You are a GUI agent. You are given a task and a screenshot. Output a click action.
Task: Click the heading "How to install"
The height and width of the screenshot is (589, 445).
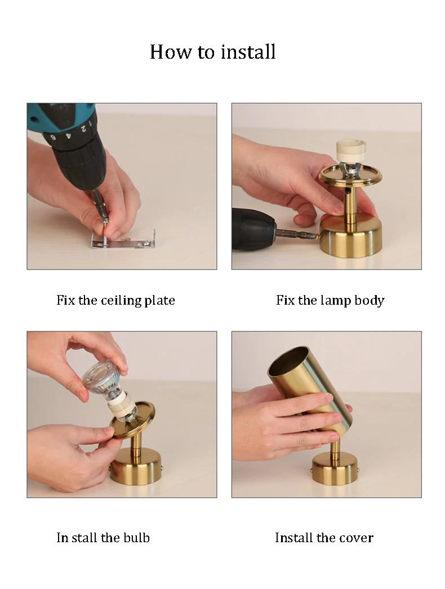click(x=212, y=52)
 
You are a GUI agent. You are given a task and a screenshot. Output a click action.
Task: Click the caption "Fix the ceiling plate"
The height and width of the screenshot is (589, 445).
click(x=115, y=300)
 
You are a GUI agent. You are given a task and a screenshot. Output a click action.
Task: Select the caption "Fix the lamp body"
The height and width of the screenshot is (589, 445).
click(x=330, y=300)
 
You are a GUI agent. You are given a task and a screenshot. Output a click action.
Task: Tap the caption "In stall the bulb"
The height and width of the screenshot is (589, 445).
click(x=103, y=538)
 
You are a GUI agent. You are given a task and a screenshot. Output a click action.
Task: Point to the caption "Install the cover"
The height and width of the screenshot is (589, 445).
click(x=324, y=538)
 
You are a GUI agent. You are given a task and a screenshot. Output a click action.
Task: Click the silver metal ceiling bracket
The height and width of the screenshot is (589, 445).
click(x=124, y=240)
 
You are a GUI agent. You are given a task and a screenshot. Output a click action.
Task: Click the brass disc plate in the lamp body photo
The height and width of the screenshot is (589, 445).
click(x=350, y=175)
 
